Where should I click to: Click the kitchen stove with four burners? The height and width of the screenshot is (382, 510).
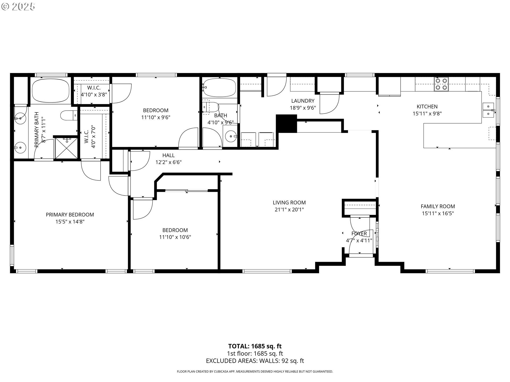point(441,84)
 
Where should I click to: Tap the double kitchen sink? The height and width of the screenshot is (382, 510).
point(488,110)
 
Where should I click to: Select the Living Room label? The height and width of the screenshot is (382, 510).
point(289,203)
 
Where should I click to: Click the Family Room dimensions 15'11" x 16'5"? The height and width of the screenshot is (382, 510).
point(438,213)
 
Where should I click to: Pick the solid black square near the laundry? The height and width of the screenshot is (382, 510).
point(286,123)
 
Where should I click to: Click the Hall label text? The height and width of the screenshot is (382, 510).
point(168,155)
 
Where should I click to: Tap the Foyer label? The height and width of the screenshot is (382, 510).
point(359,233)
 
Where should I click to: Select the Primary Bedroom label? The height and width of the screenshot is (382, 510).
point(70,215)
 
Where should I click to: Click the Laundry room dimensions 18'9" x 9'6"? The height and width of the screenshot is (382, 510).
point(303,108)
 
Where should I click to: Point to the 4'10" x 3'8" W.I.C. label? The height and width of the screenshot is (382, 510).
point(94,94)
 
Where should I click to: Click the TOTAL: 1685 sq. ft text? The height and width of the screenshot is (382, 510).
point(255,346)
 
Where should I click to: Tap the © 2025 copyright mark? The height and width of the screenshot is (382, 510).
point(18,6)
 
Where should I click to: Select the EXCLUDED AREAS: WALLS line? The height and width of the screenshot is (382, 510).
point(255,361)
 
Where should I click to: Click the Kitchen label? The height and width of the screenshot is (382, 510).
point(427,107)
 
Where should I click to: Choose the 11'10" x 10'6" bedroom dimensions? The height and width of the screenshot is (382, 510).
point(175,237)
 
